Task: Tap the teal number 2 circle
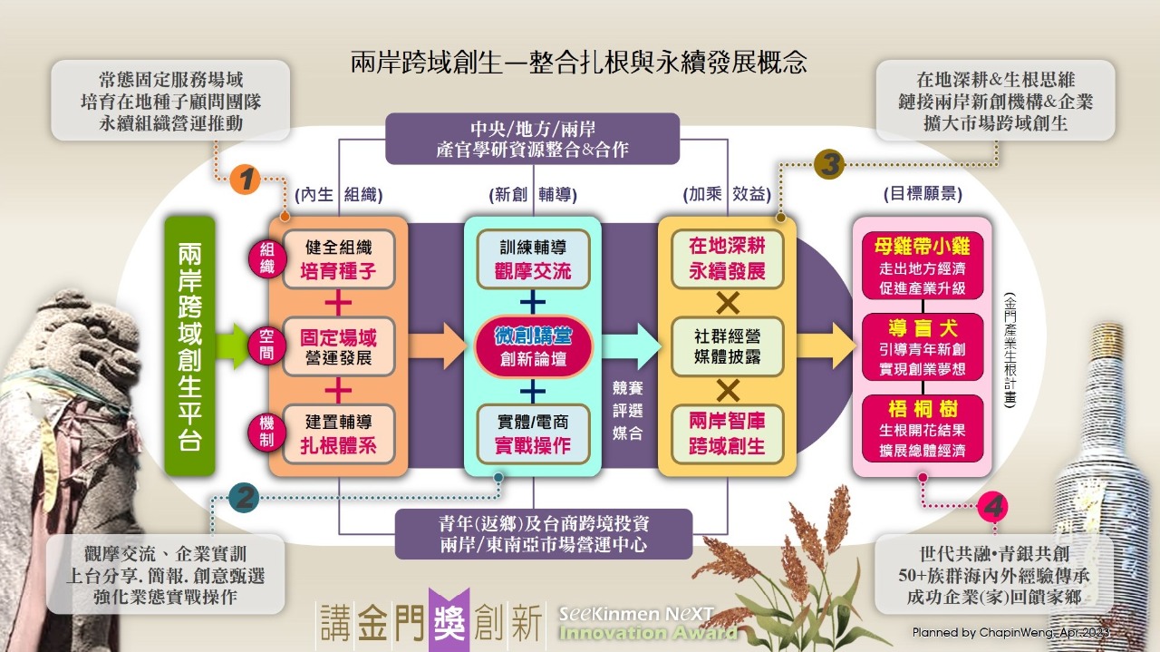pos(243,498)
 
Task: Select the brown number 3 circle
pos(829,164)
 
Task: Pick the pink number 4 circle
pos(993,506)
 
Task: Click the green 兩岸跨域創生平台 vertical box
pos(190,345)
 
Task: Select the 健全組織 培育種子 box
pos(338,259)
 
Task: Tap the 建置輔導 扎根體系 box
pos(338,433)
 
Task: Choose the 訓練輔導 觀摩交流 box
pos(534,259)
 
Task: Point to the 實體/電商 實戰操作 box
pos(534,433)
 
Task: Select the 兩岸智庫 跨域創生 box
pos(728,433)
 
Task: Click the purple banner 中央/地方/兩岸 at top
pos(532,138)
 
